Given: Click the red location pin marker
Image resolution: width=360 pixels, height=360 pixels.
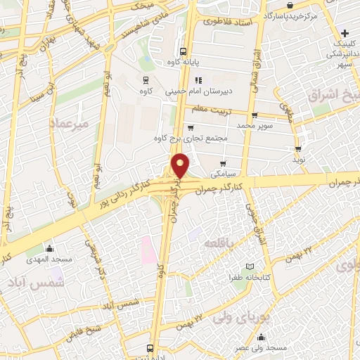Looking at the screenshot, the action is pos(181,165).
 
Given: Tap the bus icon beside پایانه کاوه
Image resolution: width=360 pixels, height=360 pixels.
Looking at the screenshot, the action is pos(183,51).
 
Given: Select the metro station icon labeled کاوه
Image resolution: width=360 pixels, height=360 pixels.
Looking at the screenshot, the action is pos(146,80).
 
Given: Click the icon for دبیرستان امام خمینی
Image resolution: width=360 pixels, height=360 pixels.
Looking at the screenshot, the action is pos(199,80).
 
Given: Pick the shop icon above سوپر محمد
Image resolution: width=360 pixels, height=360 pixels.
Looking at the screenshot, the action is pos(254,115).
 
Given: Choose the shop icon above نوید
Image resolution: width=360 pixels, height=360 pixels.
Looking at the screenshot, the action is pos(300,148).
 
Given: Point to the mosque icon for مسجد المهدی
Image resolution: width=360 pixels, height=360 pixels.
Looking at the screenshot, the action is pos(49,249).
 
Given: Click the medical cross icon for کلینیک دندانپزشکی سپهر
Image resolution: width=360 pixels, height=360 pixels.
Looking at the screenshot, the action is pos(345,33).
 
